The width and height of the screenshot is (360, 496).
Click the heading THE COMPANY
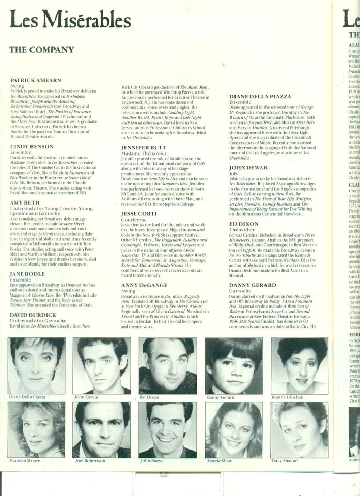[41, 50]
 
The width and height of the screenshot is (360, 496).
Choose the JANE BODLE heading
[28, 274]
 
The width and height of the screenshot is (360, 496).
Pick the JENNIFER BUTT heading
[143, 147]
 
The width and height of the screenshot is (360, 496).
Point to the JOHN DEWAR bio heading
[248, 168]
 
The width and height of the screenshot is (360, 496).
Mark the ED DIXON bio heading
[244, 223]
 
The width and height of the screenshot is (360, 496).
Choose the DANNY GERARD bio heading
[253, 284]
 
